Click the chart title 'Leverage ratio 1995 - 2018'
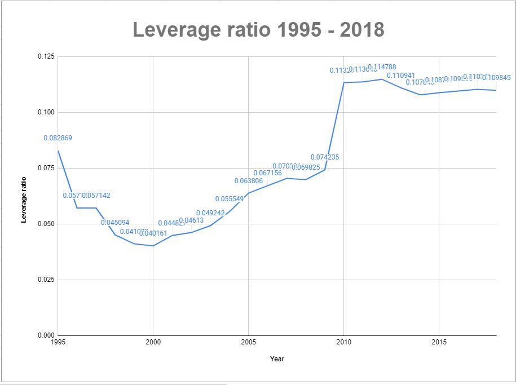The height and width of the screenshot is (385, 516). pos(258,29)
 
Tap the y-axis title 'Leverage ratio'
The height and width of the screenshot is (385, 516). pos(24,200)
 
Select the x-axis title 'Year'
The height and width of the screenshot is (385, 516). pos(277,359)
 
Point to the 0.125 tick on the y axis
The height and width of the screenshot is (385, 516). pos(46,56)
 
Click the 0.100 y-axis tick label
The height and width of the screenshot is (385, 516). pos(46,112)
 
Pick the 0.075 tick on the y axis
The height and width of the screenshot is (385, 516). pos(46,168)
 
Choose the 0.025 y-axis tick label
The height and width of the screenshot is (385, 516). pos(46,280)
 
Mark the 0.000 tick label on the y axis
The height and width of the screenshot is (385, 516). pos(46,335)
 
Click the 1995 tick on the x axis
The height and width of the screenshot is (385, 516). pos(58,342)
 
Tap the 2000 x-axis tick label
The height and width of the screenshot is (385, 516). pos(153,342)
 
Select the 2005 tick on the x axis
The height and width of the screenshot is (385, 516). pos(248,342)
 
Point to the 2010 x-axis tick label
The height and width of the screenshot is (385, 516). pos(343,342)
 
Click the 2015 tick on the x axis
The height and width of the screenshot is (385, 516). pos(439,342)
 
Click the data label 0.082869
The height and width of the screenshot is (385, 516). pos(58,138)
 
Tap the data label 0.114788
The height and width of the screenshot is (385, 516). pos(382,68)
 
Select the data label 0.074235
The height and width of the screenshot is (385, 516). pos(325,157)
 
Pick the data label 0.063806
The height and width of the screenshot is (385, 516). pos(249,181)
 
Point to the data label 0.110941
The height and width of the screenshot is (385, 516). pos(401,76)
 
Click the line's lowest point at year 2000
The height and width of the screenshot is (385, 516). pos(153,246)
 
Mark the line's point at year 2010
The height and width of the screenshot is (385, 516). pos(343,82)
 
